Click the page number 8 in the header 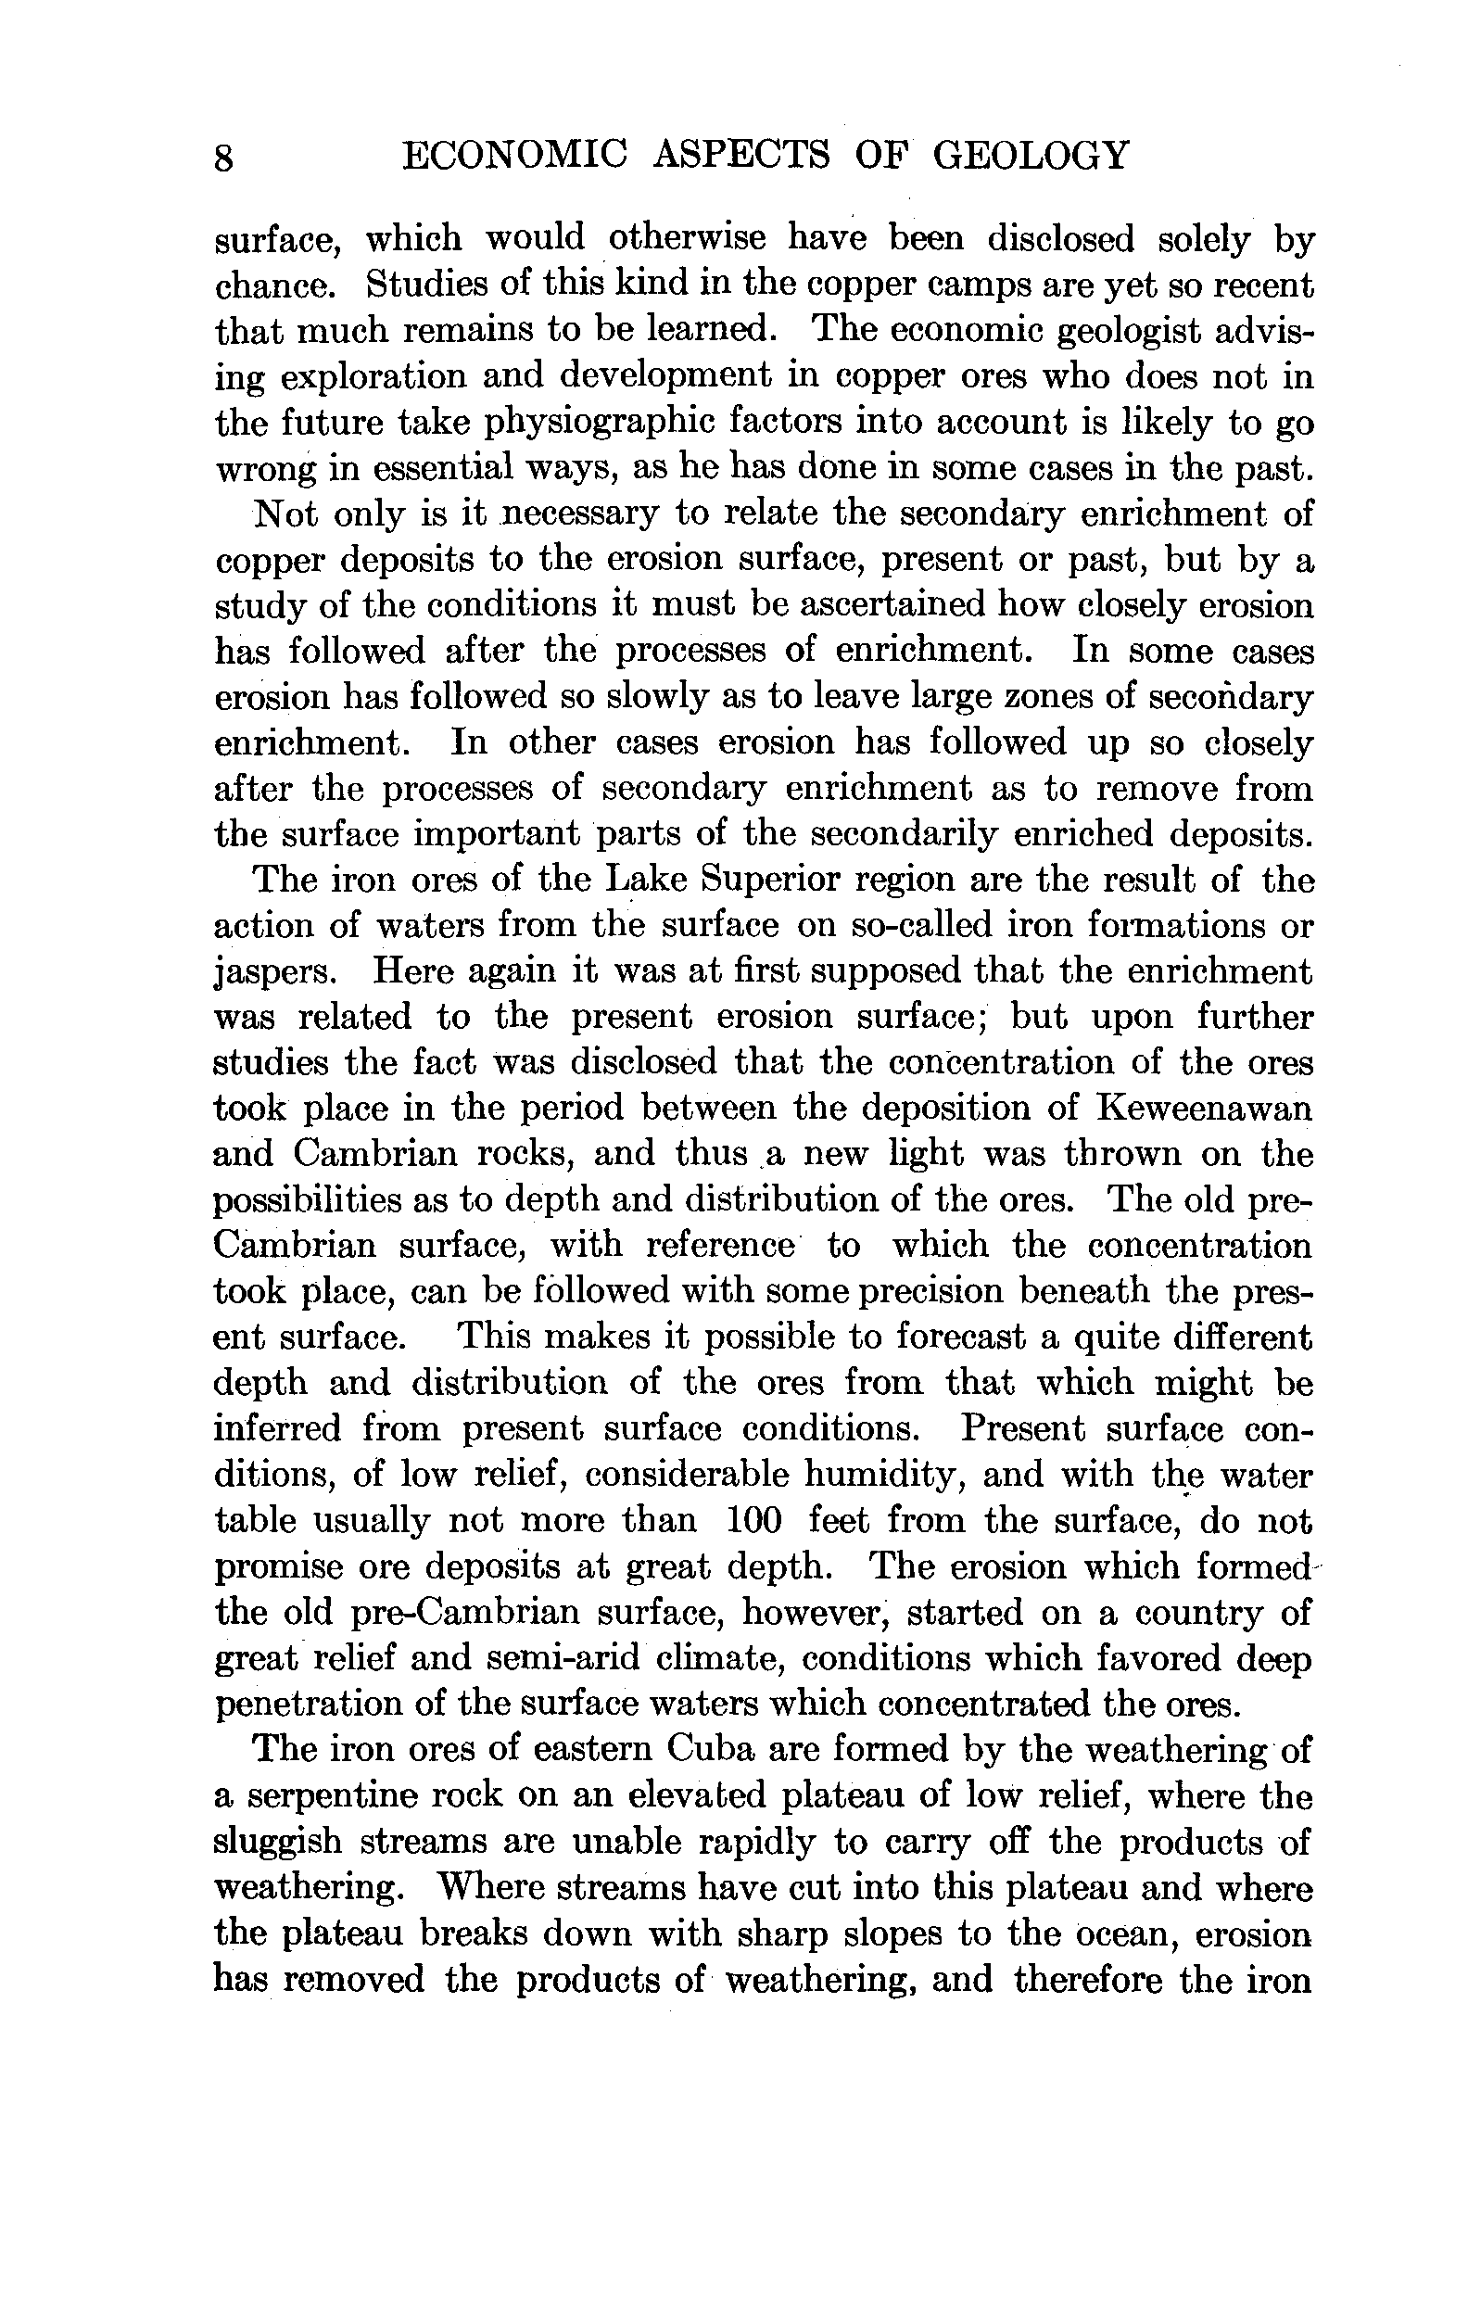[x=222, y=157]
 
